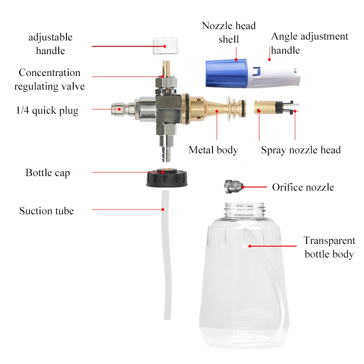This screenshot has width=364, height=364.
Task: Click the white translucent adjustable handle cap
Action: [x=166, y=46]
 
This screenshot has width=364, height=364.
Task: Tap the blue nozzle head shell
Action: [x=226, y=73]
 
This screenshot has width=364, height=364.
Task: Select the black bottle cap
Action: [x=167, y=178]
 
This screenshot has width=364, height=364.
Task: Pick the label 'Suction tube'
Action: [x=47, y=211]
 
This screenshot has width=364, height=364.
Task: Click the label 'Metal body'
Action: [x=213, y=150]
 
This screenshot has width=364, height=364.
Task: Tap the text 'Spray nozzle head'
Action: [x=301, y=150]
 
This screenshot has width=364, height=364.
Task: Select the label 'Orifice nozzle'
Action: [x=303, y=187]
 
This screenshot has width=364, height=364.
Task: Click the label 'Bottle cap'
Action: [x=48, y=173]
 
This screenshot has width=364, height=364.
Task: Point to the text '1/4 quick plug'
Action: [x=47, y=111]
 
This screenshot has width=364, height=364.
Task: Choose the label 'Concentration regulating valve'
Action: [x=50, y=79]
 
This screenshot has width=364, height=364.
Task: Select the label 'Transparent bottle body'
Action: [x=329, y=247]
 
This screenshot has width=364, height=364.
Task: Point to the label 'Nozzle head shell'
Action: [x=229, y=32]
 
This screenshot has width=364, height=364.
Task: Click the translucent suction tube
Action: [x=167, y=255]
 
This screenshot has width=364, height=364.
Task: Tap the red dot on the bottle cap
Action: [x=163, y=172]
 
